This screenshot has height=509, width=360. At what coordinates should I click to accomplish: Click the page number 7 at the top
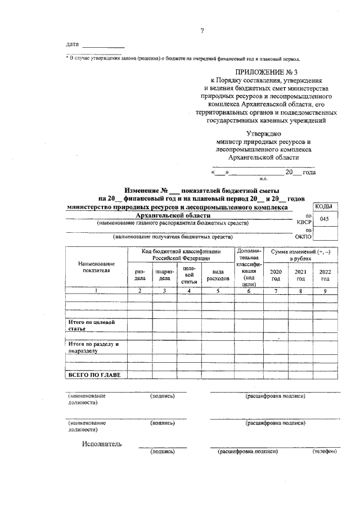coord(202,31)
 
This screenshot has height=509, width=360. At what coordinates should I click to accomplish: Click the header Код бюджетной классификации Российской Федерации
coord(180,254)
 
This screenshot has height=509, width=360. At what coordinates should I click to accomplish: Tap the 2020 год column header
coord(276,275)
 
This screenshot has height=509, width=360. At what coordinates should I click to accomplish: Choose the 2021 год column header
coord(300,275)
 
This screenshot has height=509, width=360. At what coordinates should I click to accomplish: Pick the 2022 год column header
coord(325,275)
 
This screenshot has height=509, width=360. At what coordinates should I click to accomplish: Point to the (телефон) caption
coord(325,451)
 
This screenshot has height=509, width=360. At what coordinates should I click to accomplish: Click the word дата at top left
coord(72,44)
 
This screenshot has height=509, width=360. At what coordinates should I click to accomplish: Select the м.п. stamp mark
coord(262,178)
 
